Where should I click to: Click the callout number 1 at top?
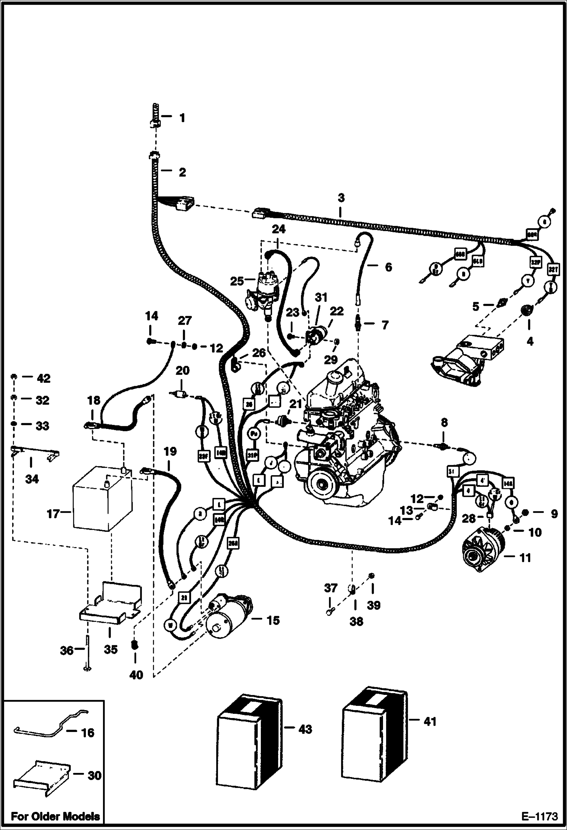(x=182, y=118)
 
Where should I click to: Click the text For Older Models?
(x=55, y=816)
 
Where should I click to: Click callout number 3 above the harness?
(x=341, y=197)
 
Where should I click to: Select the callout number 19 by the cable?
(x=171, y=451)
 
